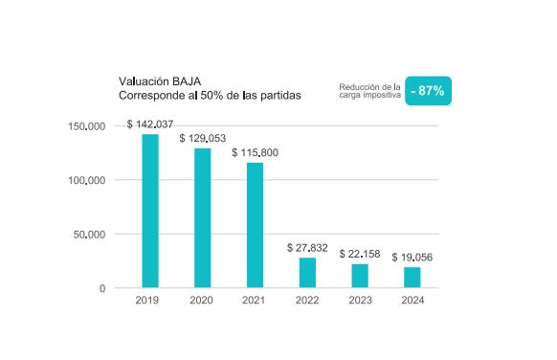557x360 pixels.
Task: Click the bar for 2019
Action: click(150, 211)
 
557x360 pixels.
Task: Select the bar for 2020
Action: click(202, 217)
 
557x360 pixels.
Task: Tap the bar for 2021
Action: click(255, 225)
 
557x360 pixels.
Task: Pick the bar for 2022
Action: click(307, 272)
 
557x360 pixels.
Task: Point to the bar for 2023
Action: click(359, 275)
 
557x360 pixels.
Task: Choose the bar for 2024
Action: click(412, 277)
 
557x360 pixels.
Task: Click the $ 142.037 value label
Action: click(149, 124)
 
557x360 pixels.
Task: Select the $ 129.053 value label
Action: click(202, 139)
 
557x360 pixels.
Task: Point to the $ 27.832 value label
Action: click(307, 248)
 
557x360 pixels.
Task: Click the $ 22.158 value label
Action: click(360, 254)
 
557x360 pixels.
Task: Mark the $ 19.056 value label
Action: click(412, 258)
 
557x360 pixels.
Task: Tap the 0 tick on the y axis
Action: click(102, 288)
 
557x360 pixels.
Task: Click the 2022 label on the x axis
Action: click(307, 301)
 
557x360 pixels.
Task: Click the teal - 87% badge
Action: click(427, 90)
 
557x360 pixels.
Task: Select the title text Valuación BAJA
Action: click(160, 82)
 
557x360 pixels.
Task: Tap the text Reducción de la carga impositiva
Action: click(369, 91)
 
